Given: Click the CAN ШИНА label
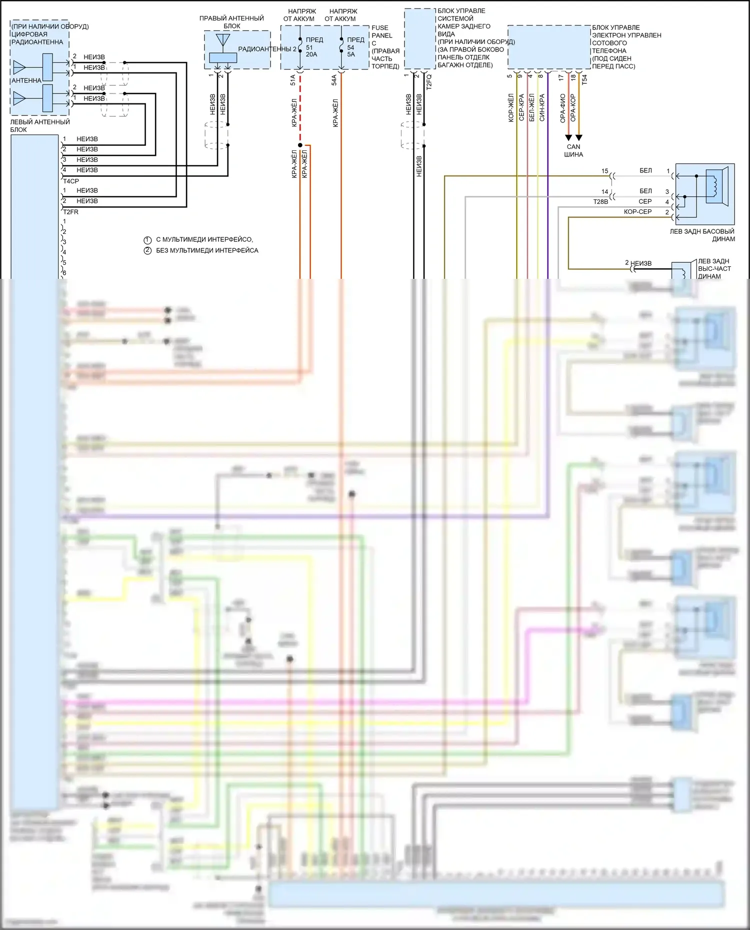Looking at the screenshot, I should (x=573, y=150).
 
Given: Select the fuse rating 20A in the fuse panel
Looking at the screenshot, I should (x=311, y=54).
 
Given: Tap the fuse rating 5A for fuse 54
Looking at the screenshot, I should (x=351, y=54).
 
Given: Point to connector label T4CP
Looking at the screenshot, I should (x=71, y=181).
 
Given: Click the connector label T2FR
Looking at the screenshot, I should (x=71, y=212).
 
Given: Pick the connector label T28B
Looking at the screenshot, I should (x=600, y=202).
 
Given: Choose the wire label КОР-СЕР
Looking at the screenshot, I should (x=637, y=212).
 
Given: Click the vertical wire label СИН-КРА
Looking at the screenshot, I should (x=542, y=107).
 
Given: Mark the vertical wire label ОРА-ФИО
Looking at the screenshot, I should (x=563, y=108).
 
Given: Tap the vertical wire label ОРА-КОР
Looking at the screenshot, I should (x=573, y=107).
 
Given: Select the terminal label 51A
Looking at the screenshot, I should (x=293, y=80).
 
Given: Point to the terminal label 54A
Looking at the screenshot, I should (x=334, y=80).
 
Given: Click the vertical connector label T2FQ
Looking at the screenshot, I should (x=428, y=81).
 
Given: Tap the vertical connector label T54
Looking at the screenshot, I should (x=584, y=79).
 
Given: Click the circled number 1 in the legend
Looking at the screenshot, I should (x=147, y=240).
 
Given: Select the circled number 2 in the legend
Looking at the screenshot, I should (x=147, y=250).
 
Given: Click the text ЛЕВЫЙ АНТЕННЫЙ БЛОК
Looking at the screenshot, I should (x=40, y=125).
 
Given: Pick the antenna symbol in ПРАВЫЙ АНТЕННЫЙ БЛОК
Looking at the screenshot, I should (x=223, y=40).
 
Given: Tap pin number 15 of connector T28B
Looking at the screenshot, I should (x=604, y=171).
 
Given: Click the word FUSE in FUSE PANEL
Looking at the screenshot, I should (x=380, y=28).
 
